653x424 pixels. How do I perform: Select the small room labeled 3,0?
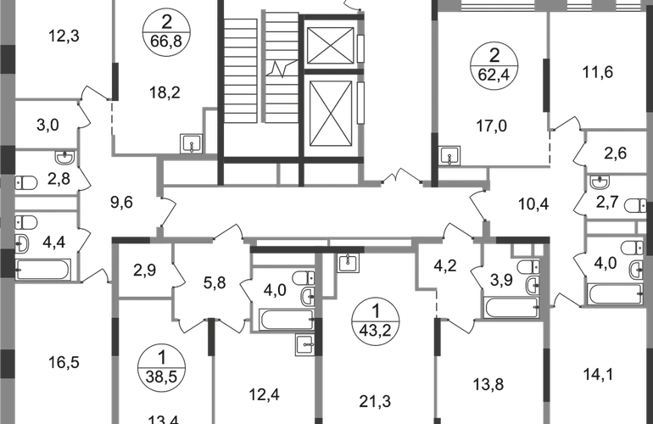point(47,126)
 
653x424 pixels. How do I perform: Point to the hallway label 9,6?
point(124,202)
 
